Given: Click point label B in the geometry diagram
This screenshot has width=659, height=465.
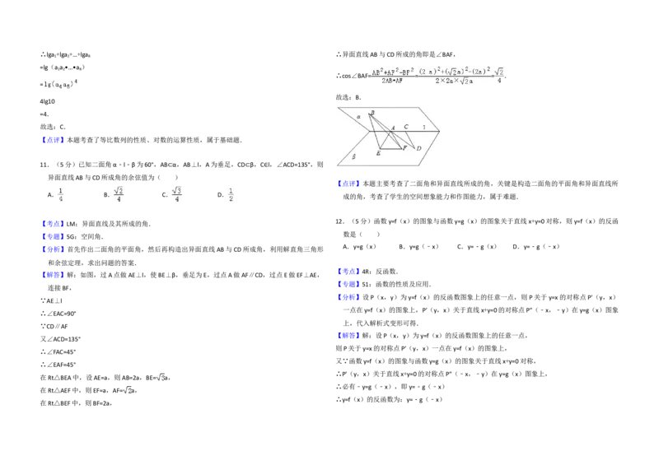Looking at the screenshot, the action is tap(372, 114).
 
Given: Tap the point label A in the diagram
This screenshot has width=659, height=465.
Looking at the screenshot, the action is tap(393, 128).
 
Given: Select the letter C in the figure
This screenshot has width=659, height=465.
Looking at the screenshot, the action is tap(406, 127).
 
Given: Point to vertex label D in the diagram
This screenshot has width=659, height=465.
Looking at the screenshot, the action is tap(418, 148).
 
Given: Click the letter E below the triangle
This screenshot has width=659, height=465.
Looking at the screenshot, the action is tap(378, 154).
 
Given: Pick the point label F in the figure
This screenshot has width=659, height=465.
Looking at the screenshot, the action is tap(404, 147).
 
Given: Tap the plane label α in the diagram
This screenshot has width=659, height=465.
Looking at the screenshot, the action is tap(358, 117).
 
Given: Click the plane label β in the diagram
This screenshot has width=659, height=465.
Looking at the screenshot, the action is tap(353, 156).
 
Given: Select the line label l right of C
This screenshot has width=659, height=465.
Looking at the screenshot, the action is tap(424, 128).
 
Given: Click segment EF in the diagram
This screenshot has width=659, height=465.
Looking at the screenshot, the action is tap(392, 148).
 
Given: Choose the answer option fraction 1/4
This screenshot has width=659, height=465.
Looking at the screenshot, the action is tap(60, 194).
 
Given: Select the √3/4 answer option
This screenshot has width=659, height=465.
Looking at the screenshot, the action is tap(177, 194).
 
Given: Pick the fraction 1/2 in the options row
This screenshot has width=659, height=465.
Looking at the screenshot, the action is tap(231, 194).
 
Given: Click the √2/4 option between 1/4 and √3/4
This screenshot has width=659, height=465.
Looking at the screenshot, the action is tap(119, 194).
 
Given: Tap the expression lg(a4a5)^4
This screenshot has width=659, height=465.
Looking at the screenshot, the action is tap(59, 82).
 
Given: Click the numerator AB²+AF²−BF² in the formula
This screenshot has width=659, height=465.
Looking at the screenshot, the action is tap(391, 72).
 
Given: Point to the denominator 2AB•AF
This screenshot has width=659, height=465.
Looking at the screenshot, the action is tap(391, 81).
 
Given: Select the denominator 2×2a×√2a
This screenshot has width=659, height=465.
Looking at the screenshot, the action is tap(455, 81).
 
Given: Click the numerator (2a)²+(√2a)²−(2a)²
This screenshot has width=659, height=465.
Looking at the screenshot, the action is tap(455, 72).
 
